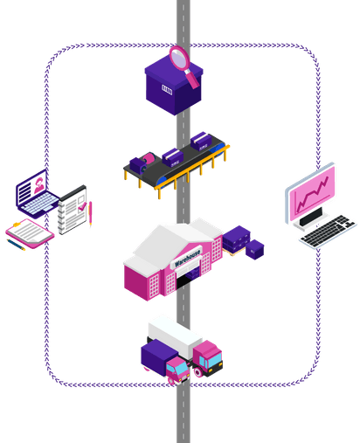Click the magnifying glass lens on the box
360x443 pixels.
(x=180, y=59)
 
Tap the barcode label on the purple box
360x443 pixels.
(x=167, y=89)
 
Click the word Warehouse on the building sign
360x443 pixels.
(x=188, y=258)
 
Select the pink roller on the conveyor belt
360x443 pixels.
(x=149, y=159)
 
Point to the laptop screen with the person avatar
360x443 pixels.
(x=31, y=186)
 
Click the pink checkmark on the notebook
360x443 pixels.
(x=82, y=206)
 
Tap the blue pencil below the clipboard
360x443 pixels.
(x=16, y=245)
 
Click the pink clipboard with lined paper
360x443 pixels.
(x=30, y=233)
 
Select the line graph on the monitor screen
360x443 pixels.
(x=312, y=194)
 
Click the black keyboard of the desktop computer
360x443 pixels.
(x=328, y=231)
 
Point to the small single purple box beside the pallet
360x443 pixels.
(x=254, y=249)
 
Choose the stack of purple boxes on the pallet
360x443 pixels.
(x=237, y=239)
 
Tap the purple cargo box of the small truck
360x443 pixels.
(x=159, y=356)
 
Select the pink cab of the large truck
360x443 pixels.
(x=208, y=356)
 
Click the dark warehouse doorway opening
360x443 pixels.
(x=184, y=281)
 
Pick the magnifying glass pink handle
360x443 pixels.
(x=192, y=79)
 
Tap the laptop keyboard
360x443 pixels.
(x=41, y=203)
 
